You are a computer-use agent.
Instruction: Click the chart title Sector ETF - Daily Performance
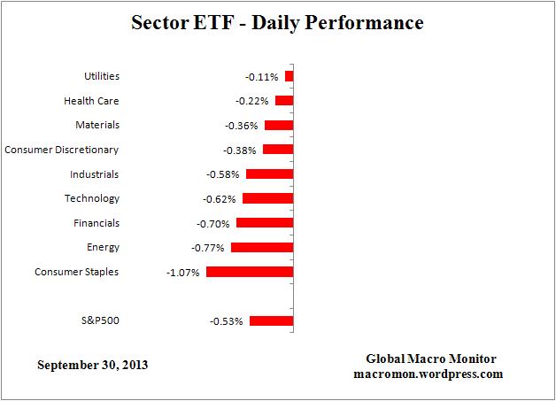pos(277,23)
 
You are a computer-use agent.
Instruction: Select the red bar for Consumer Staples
pos(249,272)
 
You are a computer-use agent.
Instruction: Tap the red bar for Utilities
pos(289,77)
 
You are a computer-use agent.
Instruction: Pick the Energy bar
pos(261,248)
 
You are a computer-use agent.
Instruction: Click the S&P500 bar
pos(271,320)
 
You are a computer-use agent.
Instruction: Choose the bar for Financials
pos(264,223)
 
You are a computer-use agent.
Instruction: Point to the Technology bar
pos(267,199)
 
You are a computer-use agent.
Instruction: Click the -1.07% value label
pos(182,273)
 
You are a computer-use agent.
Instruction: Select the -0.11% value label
pos(261,78)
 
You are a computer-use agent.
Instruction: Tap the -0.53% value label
pos(226,321)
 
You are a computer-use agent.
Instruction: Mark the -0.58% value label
pos(222,175)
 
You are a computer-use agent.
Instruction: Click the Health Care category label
pos(91,101)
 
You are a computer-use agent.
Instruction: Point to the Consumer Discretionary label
pos(61,150)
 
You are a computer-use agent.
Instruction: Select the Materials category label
pos(97,126)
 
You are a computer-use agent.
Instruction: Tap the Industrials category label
pos(95,174)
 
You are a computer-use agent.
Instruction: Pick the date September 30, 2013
pos(92,365)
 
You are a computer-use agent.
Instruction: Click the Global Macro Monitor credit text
pos(431,359)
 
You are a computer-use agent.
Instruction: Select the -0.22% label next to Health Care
pos(252,102)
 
